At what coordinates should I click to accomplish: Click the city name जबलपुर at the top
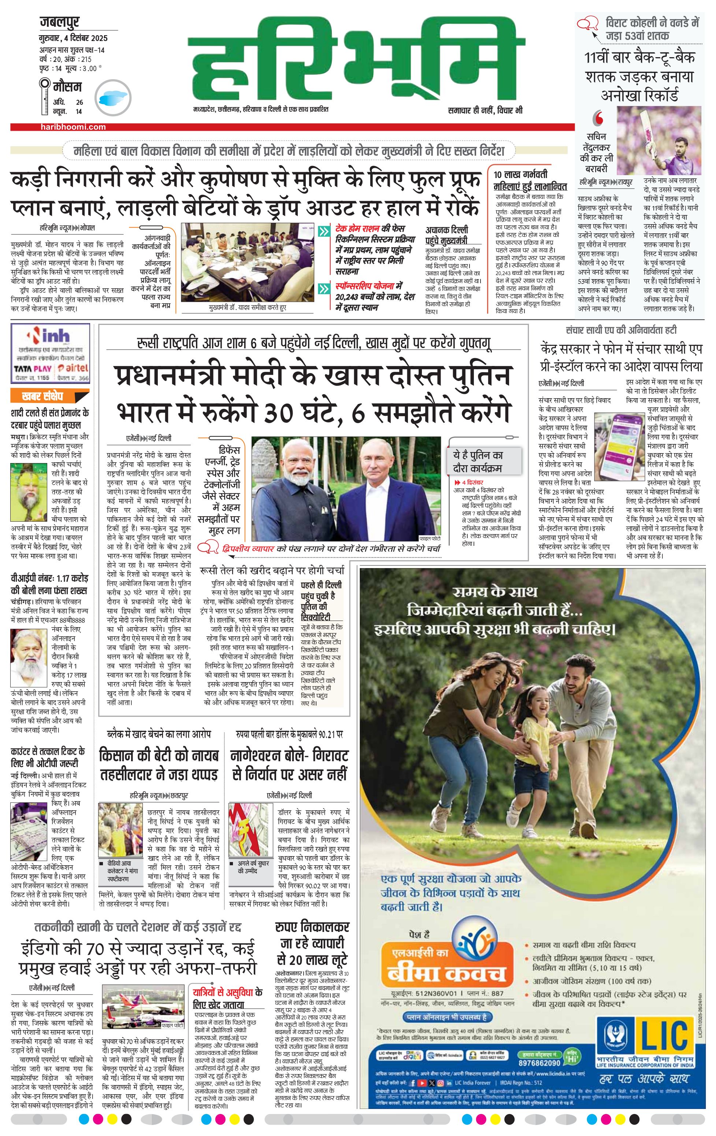(59, 22)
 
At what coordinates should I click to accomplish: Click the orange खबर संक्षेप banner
(42, 396)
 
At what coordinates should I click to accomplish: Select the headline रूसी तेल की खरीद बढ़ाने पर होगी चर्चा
(272, 570)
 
